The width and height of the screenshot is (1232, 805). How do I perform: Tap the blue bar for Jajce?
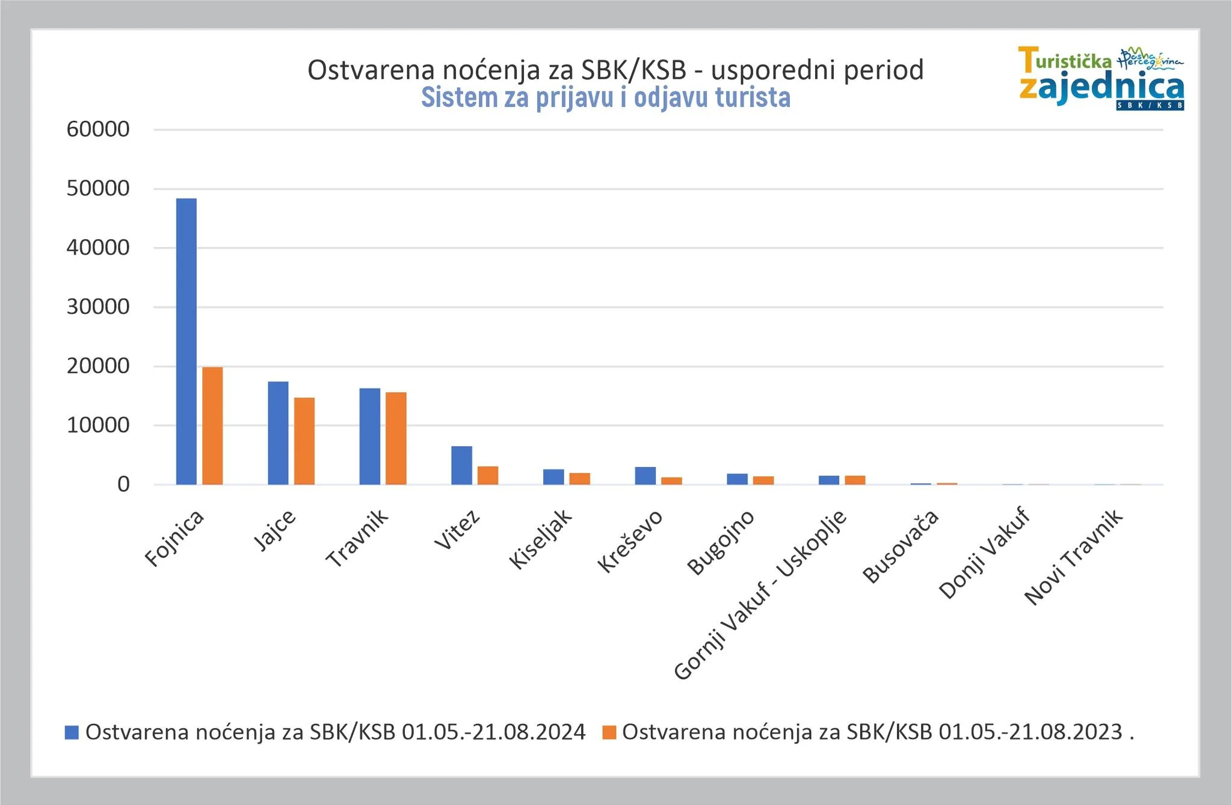tap(278, 433)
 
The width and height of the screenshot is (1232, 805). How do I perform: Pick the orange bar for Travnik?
tap(396, 438)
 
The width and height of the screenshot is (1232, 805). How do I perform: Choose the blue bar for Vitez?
tap(461, 465)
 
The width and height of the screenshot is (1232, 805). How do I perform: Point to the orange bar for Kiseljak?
tap(580, 479)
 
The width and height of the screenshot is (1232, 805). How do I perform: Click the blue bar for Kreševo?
tap(645, 476)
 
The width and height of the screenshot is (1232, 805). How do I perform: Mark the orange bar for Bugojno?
tap(763, 480)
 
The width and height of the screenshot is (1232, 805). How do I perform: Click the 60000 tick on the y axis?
tap(98, 129)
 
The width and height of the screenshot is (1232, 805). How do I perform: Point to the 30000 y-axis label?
tap(98, 307)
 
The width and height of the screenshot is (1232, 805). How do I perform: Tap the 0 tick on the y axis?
tap(123, 485)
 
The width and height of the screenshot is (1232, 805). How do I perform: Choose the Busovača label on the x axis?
tap(901, 546)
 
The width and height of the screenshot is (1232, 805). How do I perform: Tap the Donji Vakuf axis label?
tap(984, 554)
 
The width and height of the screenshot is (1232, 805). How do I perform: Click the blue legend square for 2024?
tap(72, 732)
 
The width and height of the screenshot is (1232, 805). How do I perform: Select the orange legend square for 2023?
tap(609, 732)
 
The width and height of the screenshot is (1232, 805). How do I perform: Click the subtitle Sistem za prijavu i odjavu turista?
tap(605, 98)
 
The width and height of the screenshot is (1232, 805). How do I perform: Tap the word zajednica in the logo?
tap(1101, 88)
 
